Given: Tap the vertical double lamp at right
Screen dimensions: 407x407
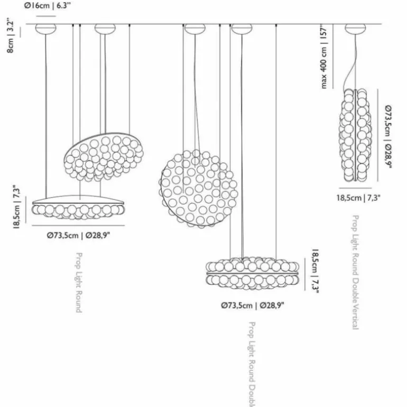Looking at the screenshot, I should coord(356,134).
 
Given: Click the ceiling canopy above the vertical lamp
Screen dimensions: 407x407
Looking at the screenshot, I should coord(354,28).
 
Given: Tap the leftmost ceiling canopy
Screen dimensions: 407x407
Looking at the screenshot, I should coord(45,28).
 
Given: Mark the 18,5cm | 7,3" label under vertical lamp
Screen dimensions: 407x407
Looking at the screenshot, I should coord(359,198).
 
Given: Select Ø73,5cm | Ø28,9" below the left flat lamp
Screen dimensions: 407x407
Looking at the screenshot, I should coord(78,236).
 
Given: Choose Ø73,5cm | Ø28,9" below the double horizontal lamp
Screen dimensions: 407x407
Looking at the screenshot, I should coord(253,305).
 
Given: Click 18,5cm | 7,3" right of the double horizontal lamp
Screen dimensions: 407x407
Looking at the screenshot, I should coord(315,272).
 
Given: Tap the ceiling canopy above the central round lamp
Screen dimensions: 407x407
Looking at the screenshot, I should coord(195,28).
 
